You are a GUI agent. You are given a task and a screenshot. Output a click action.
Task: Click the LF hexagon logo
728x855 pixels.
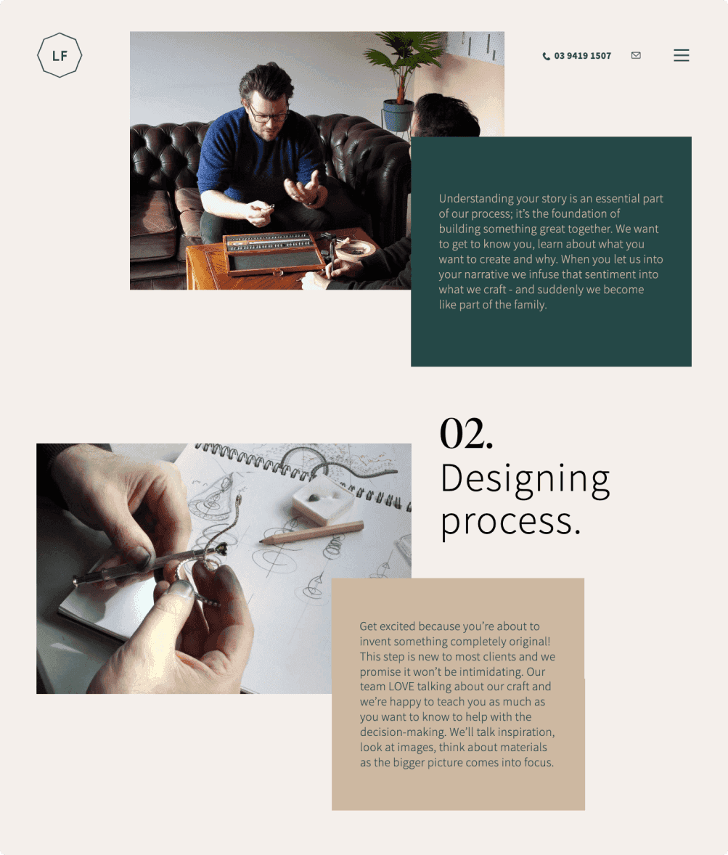point(60,55)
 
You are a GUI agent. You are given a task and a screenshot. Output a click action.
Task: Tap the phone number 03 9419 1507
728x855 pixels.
point(582,56)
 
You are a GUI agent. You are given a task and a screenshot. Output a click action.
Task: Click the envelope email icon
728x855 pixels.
point(636,55)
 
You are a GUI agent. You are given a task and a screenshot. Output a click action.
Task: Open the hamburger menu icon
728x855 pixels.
point(681,55)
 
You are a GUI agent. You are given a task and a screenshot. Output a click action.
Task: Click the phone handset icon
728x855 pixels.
point(546,56)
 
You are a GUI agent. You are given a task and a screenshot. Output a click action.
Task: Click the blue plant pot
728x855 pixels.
point(398,115)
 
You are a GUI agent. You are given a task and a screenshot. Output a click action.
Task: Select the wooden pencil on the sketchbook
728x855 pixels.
point(311,532)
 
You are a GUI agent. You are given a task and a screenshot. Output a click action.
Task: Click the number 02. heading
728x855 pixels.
point(466,434)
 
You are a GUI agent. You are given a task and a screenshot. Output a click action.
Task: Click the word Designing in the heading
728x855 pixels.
point(525,479)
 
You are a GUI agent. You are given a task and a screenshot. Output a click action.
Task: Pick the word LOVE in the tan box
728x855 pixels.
point(402,687)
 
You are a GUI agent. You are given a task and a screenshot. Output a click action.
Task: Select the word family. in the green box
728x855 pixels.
point(530,305)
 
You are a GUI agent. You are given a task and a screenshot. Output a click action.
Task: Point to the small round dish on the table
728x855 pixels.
point(355,250)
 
